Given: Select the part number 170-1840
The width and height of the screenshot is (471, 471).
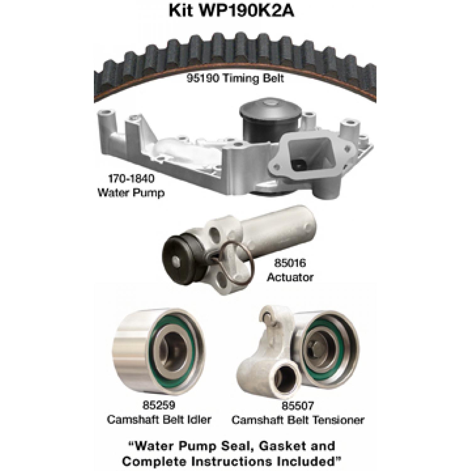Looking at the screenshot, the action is (x=131, y=179).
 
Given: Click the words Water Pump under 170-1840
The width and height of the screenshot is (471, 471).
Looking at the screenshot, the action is (x=131, y=192).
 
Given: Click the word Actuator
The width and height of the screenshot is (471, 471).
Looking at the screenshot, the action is (x=290, y=277).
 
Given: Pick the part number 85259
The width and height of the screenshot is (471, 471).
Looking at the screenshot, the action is (x=159, y=406).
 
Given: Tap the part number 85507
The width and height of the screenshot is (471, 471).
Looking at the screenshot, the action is (x=298, y=406).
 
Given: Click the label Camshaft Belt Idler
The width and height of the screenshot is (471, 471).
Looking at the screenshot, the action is (x=159, y=420).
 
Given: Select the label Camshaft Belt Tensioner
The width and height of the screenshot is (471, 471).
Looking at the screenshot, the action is (x=298, y=420).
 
